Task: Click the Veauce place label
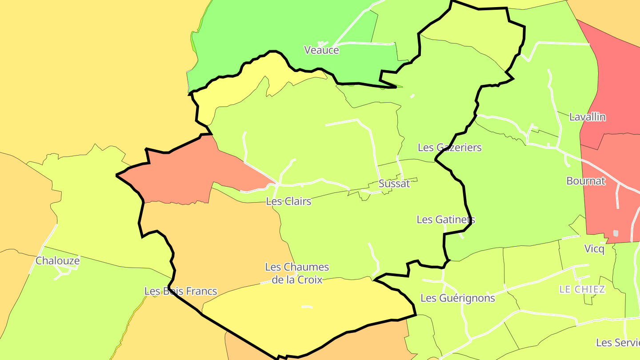[x=321, y=50]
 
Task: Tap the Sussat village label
[x=394, y=184]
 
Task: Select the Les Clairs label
[x=288, y=201]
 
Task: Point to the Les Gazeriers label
[x=449, y=148]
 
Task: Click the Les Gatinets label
[x=445, y=220]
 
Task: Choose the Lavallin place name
[x=588, y=117]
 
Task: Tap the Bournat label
[x=586, y=181]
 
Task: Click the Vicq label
[x=595, y=249]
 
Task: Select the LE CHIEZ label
[x=582, y=289]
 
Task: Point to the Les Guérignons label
[x=457, y=298]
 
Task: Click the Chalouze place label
[x=57, y=261]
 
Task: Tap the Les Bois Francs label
[x=180, y=291]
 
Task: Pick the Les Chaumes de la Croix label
[x=297, y=273]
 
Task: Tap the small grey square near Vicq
[x=616, y=233]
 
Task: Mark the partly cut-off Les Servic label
[x=618, y=343]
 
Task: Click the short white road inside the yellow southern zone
[x=307, y=307]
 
